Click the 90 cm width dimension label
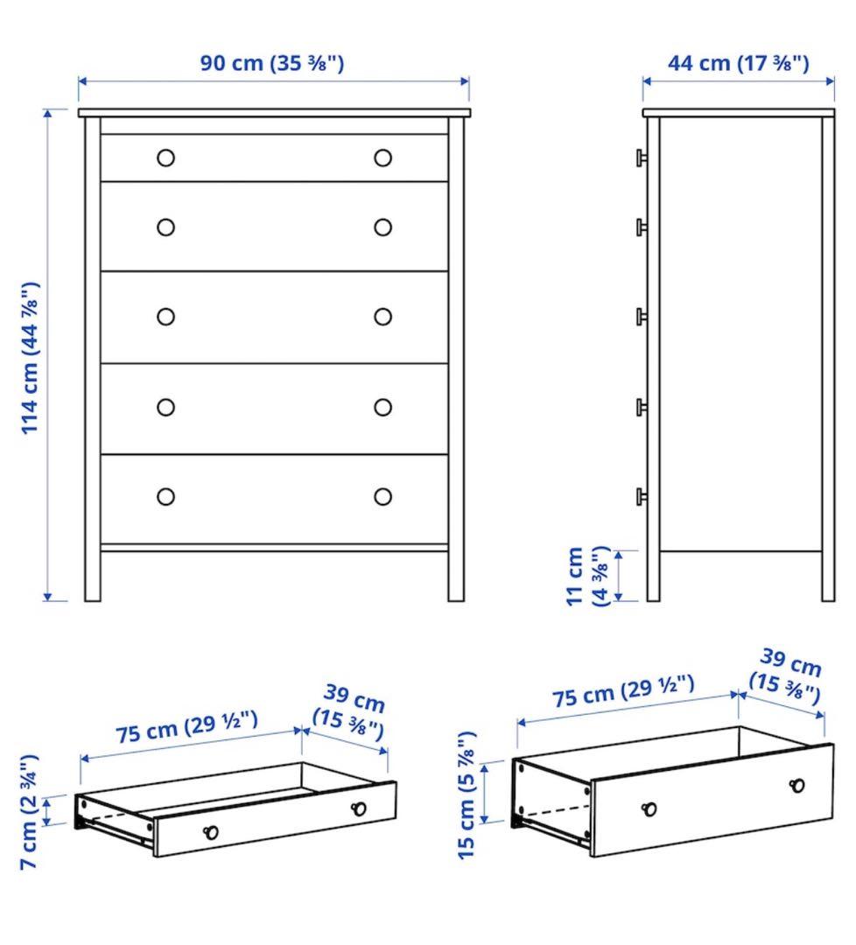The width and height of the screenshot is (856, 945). (272, 64)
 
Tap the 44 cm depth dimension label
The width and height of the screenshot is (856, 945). (738, 64)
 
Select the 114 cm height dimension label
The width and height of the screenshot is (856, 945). (31, 358)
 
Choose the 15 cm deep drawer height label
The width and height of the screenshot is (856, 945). (467, 794)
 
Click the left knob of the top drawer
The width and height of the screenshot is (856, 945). (165, 158)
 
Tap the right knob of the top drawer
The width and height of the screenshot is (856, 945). (382, 157)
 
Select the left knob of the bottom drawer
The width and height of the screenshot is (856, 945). (165, 497)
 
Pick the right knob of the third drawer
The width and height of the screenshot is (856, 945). (382, 317)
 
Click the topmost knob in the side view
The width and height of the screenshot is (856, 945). (642, 157)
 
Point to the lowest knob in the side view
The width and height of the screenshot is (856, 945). (642, 496)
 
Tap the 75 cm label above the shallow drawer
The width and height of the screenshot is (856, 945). (187, 727)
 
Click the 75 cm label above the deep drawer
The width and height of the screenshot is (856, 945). (623, 690)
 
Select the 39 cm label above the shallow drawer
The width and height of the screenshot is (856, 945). (351, 713)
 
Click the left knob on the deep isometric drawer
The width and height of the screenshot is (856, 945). (649, 808)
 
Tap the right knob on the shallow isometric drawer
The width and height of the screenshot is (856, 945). (358, 808)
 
